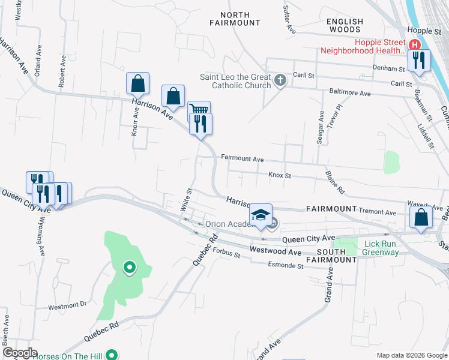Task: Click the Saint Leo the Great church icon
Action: [x=280, y=80]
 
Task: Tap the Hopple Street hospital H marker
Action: [x=414, y=45]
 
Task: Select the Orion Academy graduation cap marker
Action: [x=261, y=215]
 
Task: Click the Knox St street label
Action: [x=280, y=176]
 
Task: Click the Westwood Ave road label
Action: [x=276, y=251]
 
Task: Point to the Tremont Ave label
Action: [x=378, y=212]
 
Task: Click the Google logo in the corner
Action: [x=20, y=353]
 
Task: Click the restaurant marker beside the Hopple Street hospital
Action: [x=419, y=59]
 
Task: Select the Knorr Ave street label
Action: [x=135, y=122]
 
